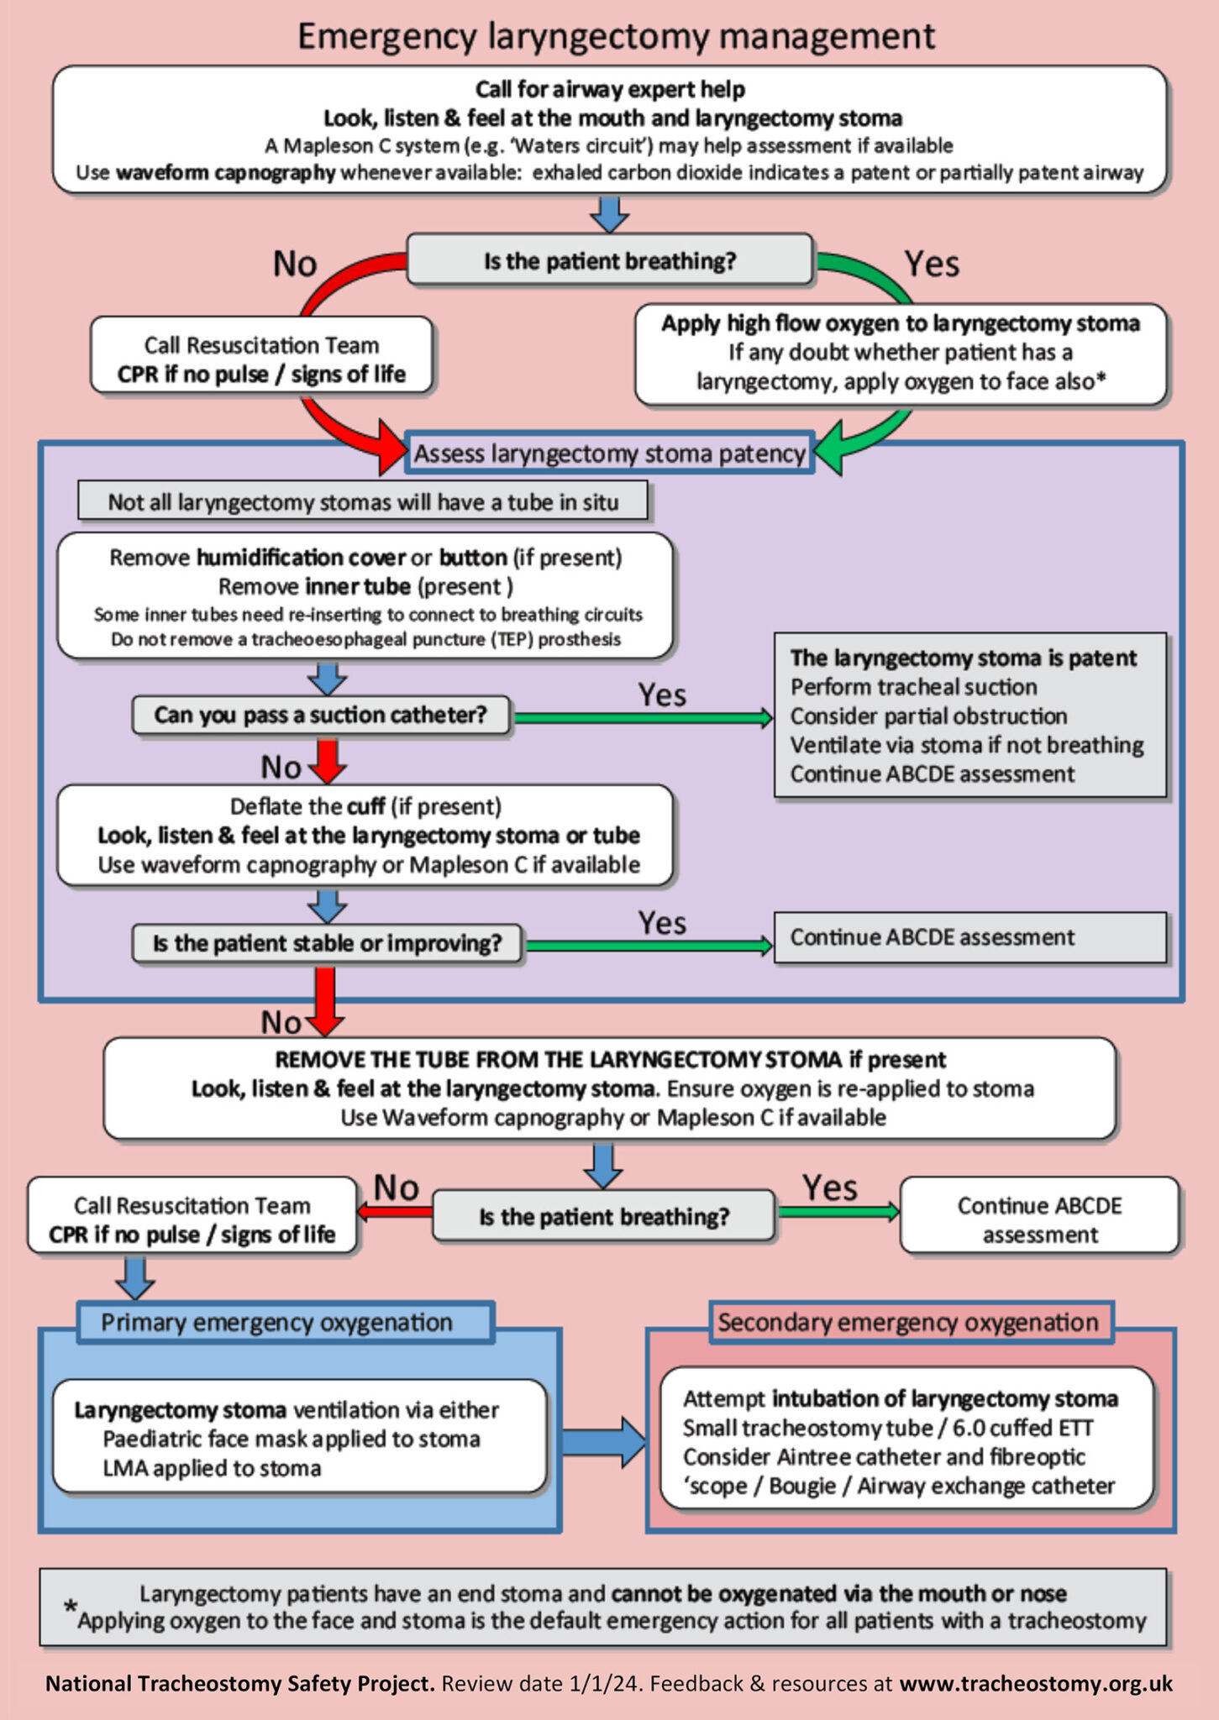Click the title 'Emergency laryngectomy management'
pyautogui.click(x=616, y=37)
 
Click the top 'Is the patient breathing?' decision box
pyautogui.click(x=609, y=261)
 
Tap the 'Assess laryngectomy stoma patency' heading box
pyautogui.click(x=609, y=454)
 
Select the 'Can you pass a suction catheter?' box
pyautogui.click(x=320, y=715)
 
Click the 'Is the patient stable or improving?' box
pyautogui.click(x=327, y=943)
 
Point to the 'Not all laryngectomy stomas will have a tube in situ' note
pyautogui.click(x=363, y=502)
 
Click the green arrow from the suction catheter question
pyautogui.click(x=643, y=717)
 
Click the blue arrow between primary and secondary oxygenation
pyautogui.click(x=603, y=1442)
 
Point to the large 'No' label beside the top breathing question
pyautogui.click(x=295, y=264)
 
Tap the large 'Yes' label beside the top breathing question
pyautogui.click(x=932, y=264)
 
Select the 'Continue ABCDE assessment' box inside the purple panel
pyautogui.click(x=969, y=937)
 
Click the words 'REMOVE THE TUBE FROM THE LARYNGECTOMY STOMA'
pyautogui.click(x=558, y=1059)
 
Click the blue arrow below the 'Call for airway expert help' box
pyautogui.click(x=609, y=214)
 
